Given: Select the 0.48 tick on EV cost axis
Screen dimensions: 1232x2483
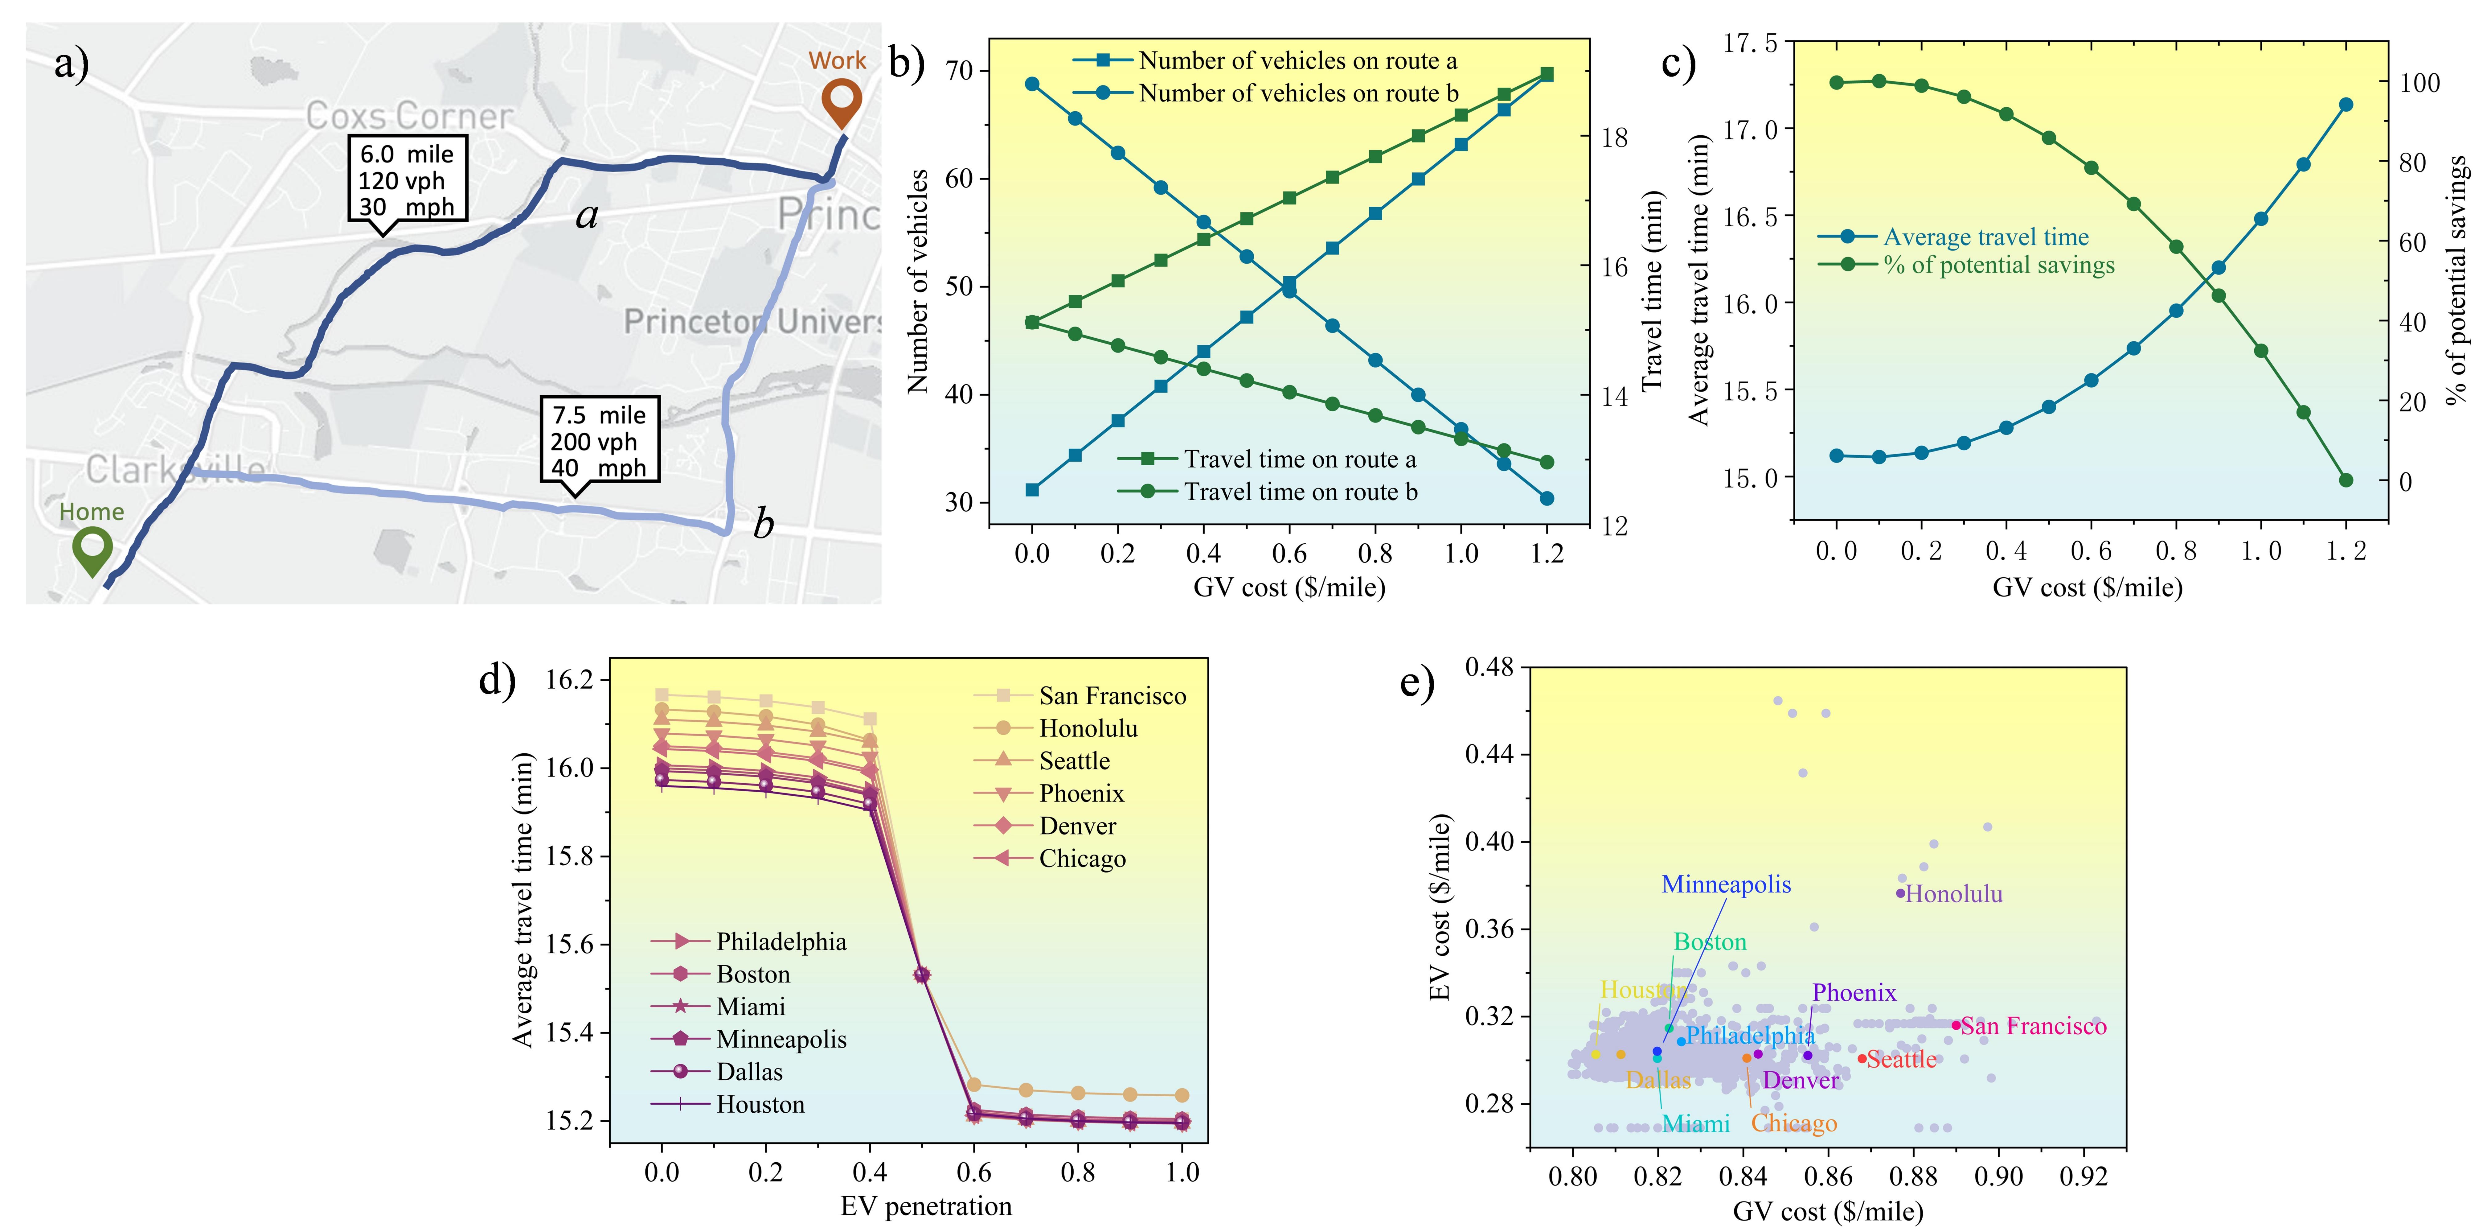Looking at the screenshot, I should [x=1489, y=666].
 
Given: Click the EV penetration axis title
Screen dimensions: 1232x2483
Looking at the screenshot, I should [x=925, y=1206].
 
